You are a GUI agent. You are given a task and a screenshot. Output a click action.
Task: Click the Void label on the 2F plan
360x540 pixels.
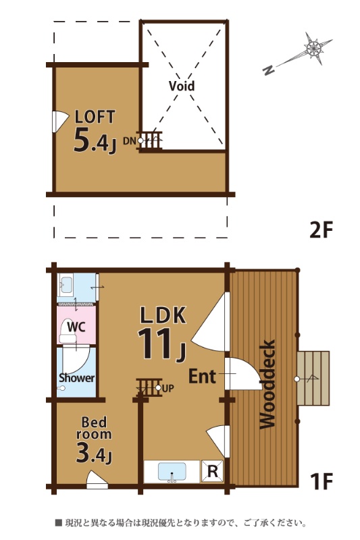182,86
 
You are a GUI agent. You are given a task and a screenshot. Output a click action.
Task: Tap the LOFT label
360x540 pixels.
95,117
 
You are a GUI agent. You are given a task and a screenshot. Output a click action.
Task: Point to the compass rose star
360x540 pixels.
315,48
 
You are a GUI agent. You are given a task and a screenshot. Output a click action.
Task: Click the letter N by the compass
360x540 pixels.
268,70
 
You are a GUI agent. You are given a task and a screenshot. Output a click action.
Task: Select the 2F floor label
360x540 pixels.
321,230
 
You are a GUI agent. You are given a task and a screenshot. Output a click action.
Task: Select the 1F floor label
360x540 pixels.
321,481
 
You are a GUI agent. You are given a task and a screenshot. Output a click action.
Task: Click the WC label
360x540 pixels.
76,327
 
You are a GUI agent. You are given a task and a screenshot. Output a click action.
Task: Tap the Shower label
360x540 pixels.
76,378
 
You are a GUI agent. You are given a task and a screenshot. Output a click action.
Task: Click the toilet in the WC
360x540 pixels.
68,331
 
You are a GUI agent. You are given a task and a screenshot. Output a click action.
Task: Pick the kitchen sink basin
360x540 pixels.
172,471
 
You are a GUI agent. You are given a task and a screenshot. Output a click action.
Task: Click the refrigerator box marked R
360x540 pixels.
212,471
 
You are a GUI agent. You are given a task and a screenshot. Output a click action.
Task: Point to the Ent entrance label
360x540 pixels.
202,377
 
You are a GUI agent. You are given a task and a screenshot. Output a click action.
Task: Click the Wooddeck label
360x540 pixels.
267,384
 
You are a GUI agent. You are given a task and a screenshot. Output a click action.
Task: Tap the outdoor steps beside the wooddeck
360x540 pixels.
313,378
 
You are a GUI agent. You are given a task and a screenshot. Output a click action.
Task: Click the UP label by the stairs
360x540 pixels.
168,389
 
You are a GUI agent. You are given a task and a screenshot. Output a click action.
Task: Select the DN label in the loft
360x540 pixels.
130,141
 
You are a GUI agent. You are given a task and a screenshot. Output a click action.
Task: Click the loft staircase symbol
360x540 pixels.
149,141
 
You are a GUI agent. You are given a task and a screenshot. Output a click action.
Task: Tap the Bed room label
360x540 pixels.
94,428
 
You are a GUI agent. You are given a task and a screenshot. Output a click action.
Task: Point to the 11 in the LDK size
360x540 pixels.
155,344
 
